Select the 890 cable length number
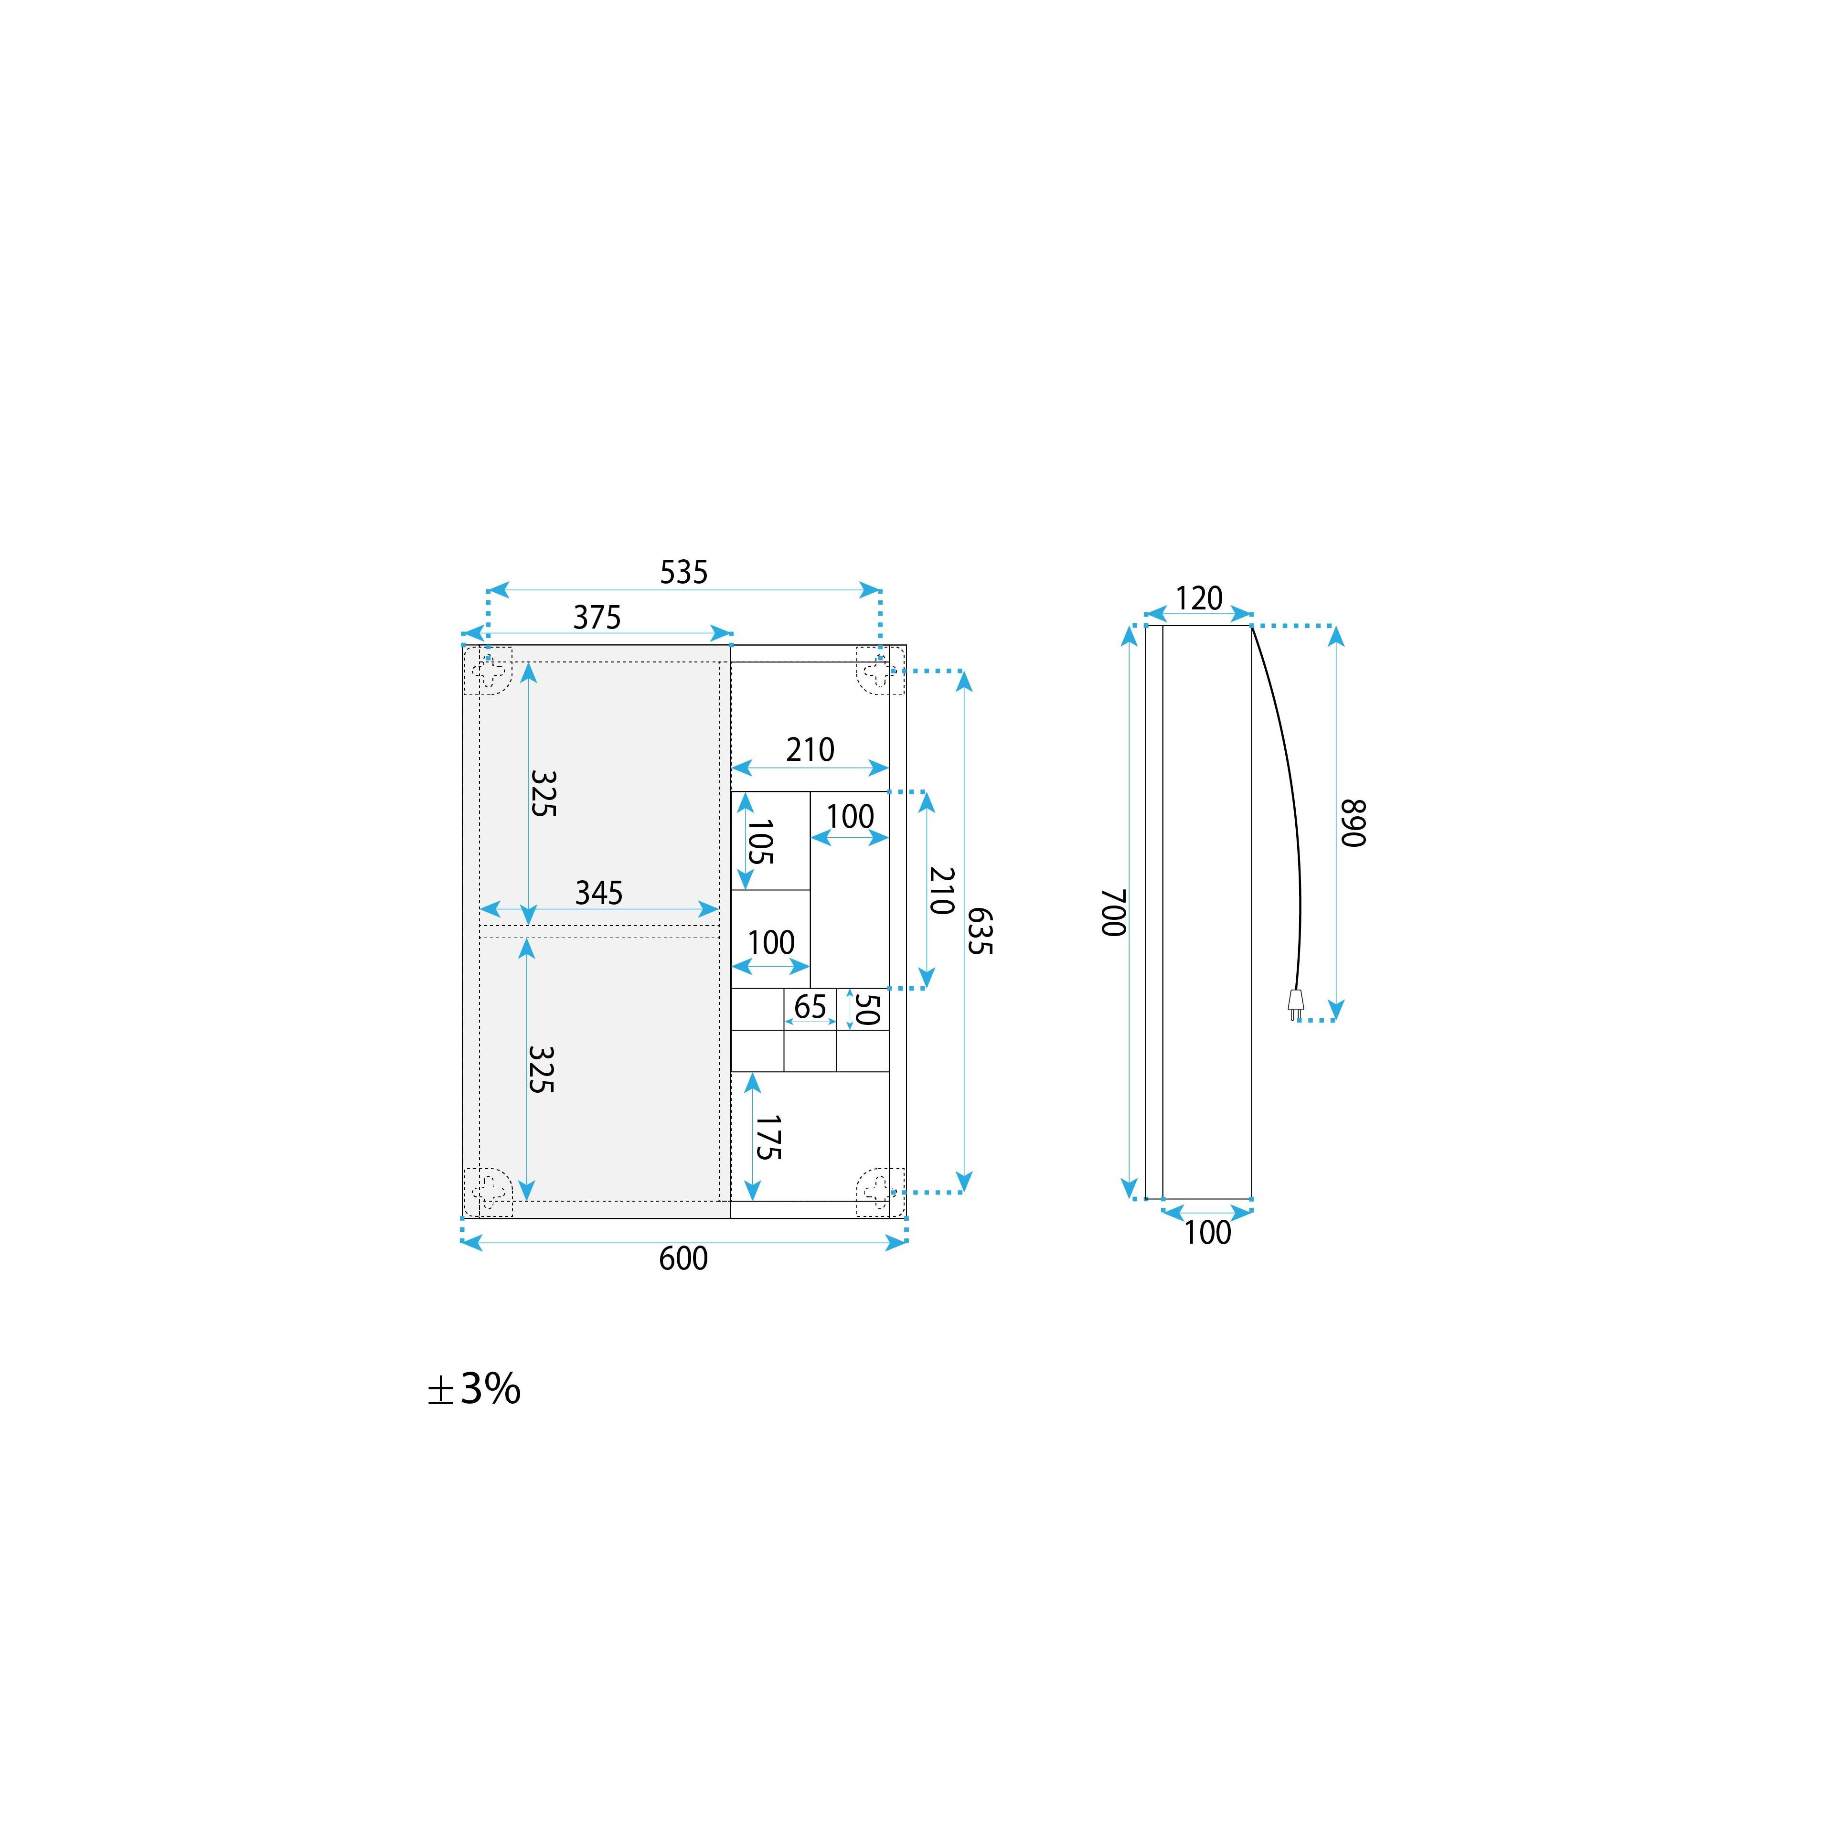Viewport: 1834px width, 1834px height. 1353,823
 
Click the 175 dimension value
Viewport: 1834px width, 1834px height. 767,1137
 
